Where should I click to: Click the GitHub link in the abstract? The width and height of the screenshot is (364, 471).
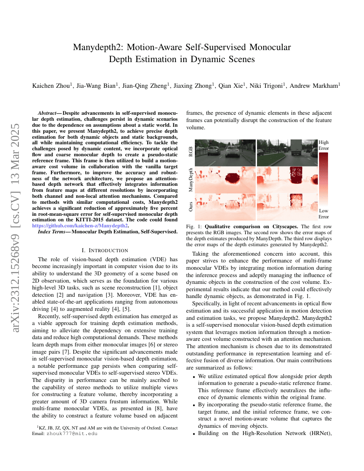pyautogui.click(x=80, y=226)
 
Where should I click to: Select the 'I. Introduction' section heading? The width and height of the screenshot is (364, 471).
pyautogui.click(x=104, y=250)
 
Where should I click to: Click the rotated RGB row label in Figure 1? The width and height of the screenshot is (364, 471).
pyautogui.click(x=191, y=151)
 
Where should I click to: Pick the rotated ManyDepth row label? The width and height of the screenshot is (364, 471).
pyautogui.click(x=191, y=179)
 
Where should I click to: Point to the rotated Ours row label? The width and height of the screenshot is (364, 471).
pyautogui.click(x=191, y=207)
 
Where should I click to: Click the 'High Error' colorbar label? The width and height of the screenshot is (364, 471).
pyautogui.click(x=324, y=145)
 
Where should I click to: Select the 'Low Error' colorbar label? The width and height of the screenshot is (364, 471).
pyautogui.click(x=324, y=214)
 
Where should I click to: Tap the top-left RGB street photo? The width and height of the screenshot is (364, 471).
pyautogui.click(x=225, y=152)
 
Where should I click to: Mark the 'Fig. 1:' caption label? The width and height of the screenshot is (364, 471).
pyautogui.click(x=194, y=226)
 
